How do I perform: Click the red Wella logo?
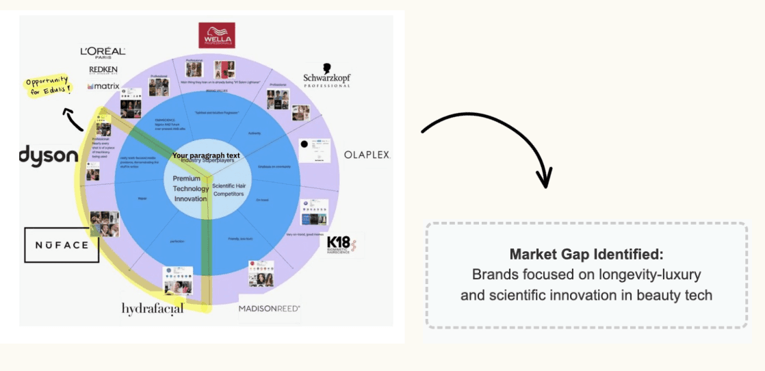tap(216, 35)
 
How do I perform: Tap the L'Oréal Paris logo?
tap(103, 52)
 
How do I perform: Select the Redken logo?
tap(103, 70)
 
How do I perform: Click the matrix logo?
tap(103, 86)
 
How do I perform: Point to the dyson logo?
tap(49, 157)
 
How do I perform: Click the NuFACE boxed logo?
tap(62, 245)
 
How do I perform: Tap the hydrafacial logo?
tap(153, 309)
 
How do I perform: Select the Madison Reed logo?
tap(269, 309)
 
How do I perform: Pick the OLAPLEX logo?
tap(366, 155)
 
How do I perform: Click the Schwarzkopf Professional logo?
tap(327, 76)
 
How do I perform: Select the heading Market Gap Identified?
tap(586, 255)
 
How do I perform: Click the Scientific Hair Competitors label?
tap(228, 190)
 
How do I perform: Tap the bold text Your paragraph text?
tap(206, 155)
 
